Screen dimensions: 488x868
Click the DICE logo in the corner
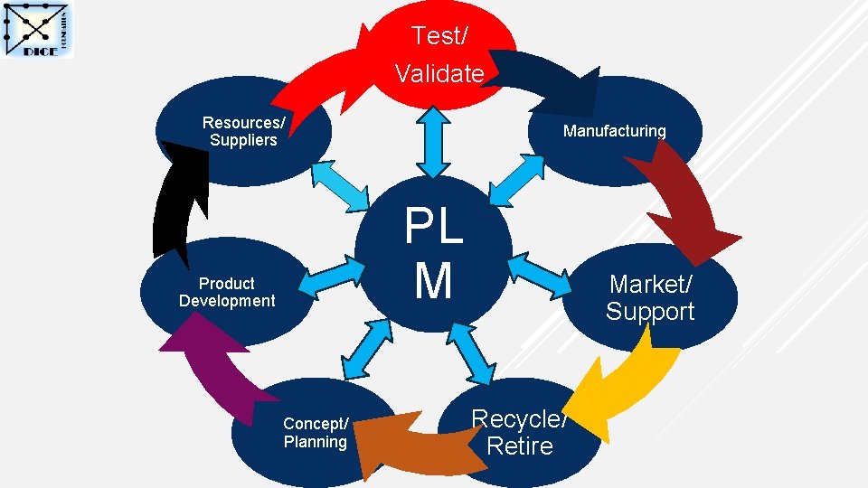tap(39, 31)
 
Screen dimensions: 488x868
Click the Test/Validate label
tap(439, 54)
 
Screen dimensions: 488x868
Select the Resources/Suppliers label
tap(243, 131)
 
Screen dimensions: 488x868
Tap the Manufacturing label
tap(614, 131)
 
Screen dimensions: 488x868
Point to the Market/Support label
tap(650, 297)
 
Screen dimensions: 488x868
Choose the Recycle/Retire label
tap(519, 432)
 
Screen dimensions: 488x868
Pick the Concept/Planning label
tap(315, 433)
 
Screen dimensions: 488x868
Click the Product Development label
tap(227, 292)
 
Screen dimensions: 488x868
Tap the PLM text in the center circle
tap(434, 254)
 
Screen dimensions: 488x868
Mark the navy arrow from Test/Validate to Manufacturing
tap(542, 77)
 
